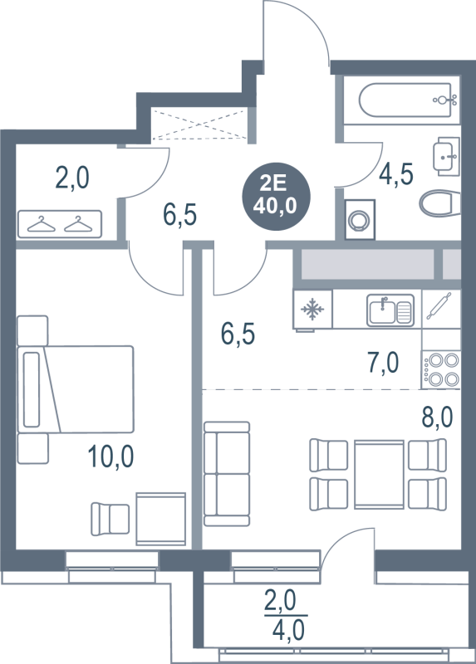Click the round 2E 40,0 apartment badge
pyautogui.click(x=276, y=196)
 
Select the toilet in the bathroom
pyautogui.click(x=440, y=203)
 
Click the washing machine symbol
pyautogui.click(x=360, y=219)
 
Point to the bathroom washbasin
pyautogui.click(x=446, y=156)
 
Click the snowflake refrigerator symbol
pyautogui.click(x=312, y=309)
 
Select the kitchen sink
pyautogui.click(x=390, y=310)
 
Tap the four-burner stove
pyautogui.click(x=441, y=369)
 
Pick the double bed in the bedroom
pyautogui.click(x=76, y=389)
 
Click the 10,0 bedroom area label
pyautogui.click(x=110, y=456)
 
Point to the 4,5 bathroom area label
pyautogui.click(x=395, y=173)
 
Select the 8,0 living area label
pyautogui.click(x=437, y=417)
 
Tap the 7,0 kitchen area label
pyautogui.click(x=383, y=363)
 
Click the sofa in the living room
pyautogui.click(x=227, y=474)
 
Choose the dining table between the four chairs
pyautogui.click(x=379, y=474)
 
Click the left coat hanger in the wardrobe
pyautogui.click(x=41, y=224)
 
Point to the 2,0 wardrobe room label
pyautogui.click(x=72, y=178)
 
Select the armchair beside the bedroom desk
pyautogui.click(x=110, y=519)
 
